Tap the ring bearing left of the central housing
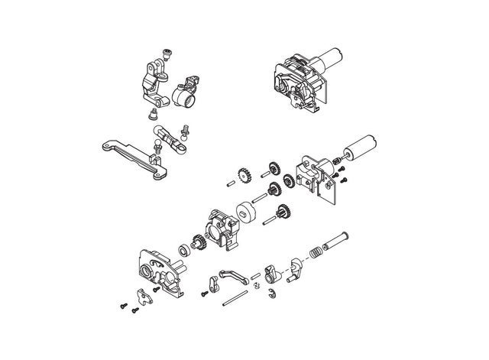[184, 250]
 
